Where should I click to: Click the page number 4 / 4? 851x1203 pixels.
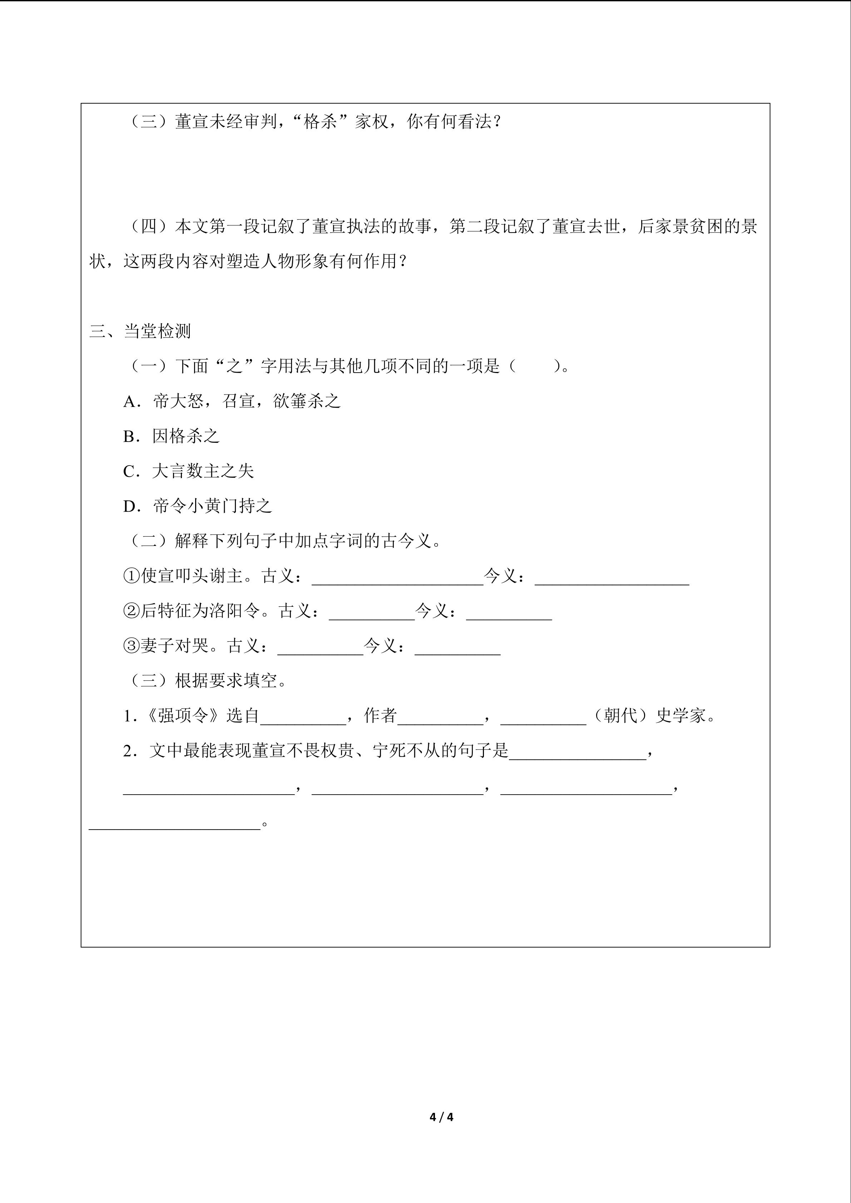(441, 1117)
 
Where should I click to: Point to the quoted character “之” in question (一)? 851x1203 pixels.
(234, 366)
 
